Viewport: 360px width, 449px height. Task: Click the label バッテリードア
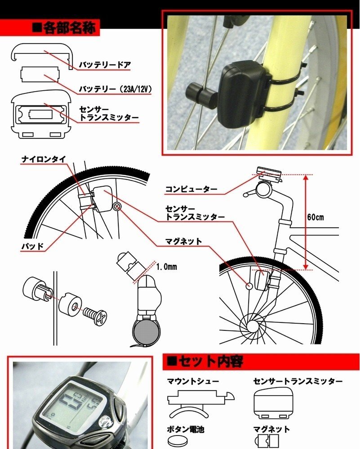[105, 65]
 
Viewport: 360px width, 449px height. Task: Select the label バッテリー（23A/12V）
[115, 89]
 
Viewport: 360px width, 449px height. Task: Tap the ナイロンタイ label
[44, 159]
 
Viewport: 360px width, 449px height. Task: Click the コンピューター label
[191, 189]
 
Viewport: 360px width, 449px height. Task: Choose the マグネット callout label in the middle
[184, 242]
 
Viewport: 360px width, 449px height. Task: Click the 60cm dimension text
[316, 217]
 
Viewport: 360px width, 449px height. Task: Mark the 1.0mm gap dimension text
[167, 267]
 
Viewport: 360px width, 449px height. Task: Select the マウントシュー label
[193, 381]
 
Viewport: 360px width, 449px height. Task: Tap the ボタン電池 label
[186, 429]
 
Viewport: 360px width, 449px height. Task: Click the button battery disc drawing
[177, 441]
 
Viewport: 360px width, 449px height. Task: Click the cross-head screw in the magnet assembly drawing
[95, 316]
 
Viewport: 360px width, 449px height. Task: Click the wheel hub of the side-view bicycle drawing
[253, 325]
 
